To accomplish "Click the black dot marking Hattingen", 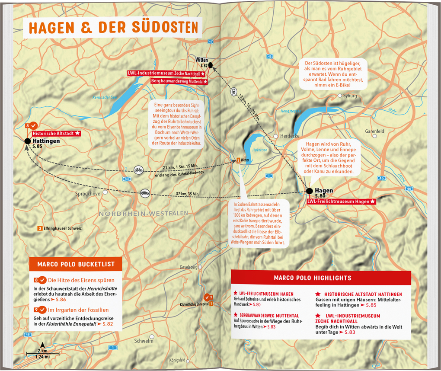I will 28,141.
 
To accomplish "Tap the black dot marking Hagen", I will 309,191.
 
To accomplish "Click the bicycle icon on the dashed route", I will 138,170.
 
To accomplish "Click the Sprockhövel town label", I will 88,194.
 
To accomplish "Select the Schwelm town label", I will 144,341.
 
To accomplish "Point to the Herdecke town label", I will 290,135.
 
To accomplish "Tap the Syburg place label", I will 350,96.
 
